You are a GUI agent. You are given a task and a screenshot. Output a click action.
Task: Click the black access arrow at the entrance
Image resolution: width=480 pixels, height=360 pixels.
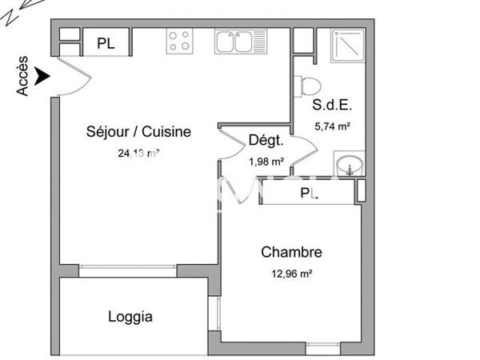(x=42, y=77)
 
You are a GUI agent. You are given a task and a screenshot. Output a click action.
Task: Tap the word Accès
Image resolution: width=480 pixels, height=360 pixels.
(x=23, y=76)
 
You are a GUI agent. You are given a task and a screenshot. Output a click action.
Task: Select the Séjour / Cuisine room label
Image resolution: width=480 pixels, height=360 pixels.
(x=138, y=132)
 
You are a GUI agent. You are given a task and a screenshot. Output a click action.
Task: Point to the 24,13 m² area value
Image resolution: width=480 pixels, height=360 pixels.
(x=138, y=154)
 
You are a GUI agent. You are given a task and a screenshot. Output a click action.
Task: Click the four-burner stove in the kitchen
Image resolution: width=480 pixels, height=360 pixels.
(x=180, y=40)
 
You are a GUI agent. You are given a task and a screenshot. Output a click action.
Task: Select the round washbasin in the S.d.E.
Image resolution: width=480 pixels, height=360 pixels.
(x=349, y=166)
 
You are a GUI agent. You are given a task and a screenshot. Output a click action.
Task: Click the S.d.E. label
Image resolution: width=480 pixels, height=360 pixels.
(x=333, y=105)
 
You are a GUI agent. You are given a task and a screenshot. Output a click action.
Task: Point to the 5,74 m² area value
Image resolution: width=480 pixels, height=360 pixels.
(x=334, y=126)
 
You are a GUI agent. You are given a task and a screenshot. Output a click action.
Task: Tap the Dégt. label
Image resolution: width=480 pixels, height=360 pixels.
(x=266, y=141)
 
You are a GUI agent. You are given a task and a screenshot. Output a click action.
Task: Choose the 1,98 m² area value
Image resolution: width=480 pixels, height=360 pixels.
(x=266, y=161)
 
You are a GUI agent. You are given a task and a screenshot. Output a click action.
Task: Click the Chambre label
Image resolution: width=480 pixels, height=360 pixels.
(x=291, y=253)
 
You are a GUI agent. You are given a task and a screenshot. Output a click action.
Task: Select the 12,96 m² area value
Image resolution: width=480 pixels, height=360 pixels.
(x=291, y=274)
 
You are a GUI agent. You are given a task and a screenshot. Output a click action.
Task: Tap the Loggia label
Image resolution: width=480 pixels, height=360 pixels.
(x=130, y=317)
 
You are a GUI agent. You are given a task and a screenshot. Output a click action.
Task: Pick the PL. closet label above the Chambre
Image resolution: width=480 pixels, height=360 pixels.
(x=308, y=194)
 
